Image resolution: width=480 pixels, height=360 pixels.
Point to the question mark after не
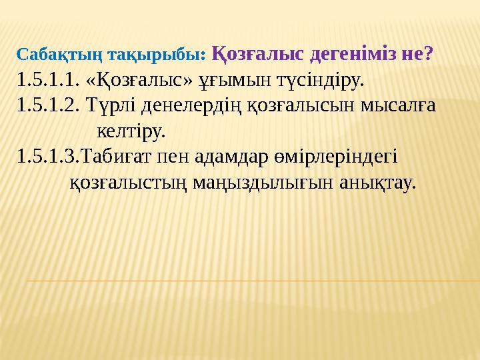click(x=428, y=53)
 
